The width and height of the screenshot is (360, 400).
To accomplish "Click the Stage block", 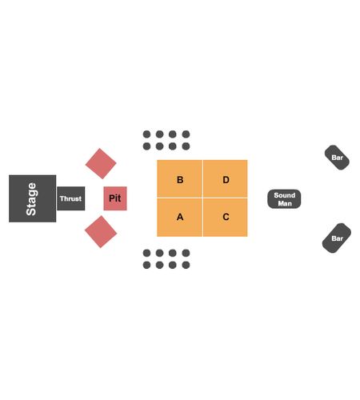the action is (33, 198).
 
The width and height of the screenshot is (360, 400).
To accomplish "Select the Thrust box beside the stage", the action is (71, 198).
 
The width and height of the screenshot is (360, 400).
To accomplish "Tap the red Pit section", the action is (115, 198).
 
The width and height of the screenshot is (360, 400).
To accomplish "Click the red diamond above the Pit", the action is (101, 163).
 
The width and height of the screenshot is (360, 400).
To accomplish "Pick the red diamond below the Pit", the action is (101, 232).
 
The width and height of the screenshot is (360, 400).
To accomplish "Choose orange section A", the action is (179, 218).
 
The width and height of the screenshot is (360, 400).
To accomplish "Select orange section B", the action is (179, 178).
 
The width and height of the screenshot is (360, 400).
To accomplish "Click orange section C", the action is (226, 218).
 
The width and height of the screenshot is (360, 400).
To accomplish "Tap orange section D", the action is (226, 178).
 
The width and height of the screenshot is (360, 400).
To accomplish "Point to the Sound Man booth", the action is (284, 199).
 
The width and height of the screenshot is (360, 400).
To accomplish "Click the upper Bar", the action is (337, 158).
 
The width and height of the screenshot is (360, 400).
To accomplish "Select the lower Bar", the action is (337, 238).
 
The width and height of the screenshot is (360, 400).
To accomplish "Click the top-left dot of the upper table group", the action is (146, 134).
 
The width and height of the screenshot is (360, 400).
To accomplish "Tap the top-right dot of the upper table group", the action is (186, 134).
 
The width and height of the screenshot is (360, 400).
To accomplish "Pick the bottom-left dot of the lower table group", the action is (146, 265).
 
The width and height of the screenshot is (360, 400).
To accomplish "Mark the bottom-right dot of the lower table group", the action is (186, 265).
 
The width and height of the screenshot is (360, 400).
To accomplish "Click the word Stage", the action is (31, 199).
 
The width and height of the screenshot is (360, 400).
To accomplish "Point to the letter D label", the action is (226, 180).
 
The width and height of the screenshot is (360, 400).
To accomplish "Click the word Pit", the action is (115, 198).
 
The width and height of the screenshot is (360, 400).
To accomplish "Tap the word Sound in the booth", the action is (285, 195).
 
